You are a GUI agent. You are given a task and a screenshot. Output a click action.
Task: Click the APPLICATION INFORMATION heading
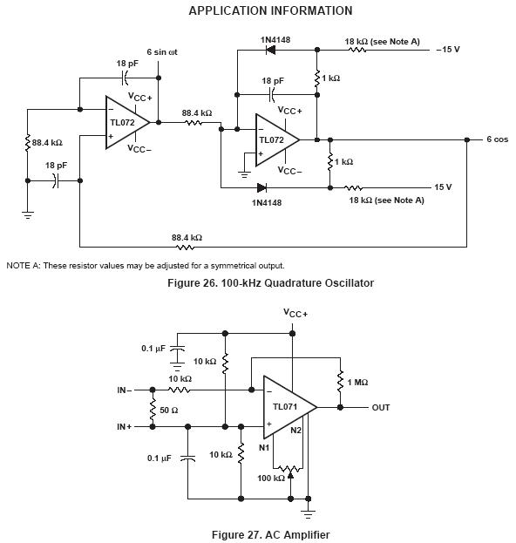pyautogui.click(x=270, y=10)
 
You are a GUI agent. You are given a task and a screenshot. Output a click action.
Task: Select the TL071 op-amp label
pyautogui.click(x=285, y=406)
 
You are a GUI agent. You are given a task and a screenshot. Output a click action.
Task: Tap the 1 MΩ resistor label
pyautogui.click(x=357, y=383)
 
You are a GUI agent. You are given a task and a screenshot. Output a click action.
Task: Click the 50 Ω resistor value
pyautogui.click(x=168, y=411)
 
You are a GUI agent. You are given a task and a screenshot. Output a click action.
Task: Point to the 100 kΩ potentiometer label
pyautogui.click(x=271, y=479)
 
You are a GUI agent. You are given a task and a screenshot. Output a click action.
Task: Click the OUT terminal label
pyautogui.click(x=381, y=408)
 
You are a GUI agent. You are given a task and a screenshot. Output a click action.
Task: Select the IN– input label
pyautogui.click(x=125, y=390)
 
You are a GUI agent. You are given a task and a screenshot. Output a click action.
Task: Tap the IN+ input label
pyautogui.click(x=125, y=427)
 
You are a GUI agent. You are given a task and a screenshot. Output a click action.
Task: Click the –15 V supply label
pyautogui.click(x=448, y=49)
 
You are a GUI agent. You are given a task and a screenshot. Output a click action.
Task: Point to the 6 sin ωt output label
pyautogui.click(x=162, y=52)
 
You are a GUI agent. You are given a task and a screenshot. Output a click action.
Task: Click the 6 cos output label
pyautogui.click(x=498, y=139)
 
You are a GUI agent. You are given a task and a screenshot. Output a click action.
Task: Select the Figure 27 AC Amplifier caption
pyautogui.click(x=270, y=534)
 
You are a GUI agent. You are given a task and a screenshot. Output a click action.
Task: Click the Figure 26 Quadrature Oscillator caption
pyautogui.click(x=270, y=283)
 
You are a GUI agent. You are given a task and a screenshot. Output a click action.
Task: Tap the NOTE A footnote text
pyautogui.click(x=146, y=266)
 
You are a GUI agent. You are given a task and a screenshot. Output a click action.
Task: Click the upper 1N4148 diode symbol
pyautogui.click(x=270, y=50)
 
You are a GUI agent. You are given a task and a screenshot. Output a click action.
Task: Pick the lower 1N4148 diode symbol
pyautogui.click(x=261, y=188)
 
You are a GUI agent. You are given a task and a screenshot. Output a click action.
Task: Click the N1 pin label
pyautogui.click(x=264, y=448)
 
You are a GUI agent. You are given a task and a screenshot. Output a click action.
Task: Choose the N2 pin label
pyautogui.click(x=295, y=430)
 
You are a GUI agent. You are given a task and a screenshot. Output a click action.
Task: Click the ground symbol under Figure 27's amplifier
pyautogui.click(x=308, y=514)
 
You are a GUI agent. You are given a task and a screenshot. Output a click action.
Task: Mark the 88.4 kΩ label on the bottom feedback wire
pyautogui.click(x=187, y=238)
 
